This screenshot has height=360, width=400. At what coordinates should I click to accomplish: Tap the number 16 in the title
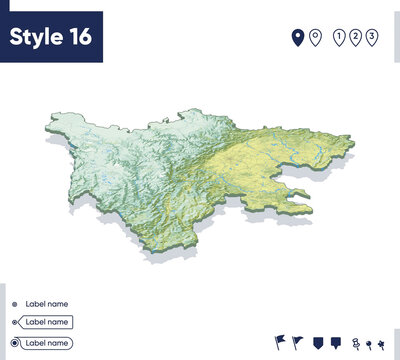[80, 37]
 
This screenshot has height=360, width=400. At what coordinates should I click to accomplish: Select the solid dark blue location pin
[297, 38]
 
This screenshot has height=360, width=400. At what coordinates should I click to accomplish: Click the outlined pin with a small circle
[315, 38]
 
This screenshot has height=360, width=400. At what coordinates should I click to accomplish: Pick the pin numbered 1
[340, 38]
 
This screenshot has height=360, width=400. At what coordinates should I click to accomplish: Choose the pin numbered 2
[356, 38]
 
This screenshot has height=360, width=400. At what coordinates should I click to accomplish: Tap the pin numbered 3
[372, 38]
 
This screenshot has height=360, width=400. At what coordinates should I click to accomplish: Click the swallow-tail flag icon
[279, 342]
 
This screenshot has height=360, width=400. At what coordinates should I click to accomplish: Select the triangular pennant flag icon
[298, 342]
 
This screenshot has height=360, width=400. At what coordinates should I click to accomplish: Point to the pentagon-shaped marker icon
[317, 342]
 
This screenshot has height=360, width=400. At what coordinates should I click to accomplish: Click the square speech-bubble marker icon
[336, 342]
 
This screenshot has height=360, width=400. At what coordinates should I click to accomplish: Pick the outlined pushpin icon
[355, 342]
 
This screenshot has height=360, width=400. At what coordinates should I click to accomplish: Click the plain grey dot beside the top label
[14, 304]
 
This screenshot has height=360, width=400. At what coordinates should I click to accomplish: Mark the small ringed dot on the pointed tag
[14, 323]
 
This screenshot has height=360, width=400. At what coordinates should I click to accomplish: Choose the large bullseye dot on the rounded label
[14, 343]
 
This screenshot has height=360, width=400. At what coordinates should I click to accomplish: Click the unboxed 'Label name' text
[46, 304]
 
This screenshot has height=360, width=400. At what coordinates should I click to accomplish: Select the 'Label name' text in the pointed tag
[47, 323]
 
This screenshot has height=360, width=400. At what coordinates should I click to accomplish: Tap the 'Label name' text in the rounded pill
[47, 343]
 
